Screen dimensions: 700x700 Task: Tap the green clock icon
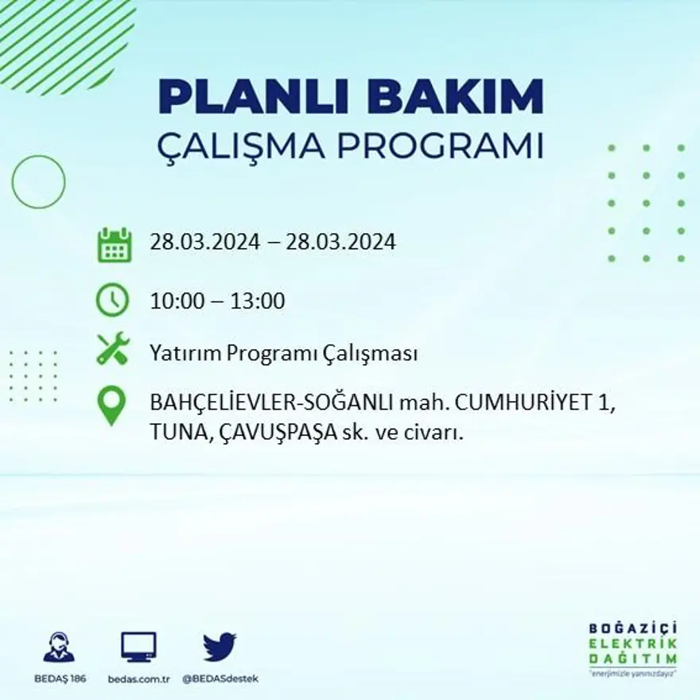pyautogui.click(x=112, y=301)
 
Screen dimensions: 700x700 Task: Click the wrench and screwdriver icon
pyautogui.click(x=112, y=348)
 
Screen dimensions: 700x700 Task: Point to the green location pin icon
pyautogui.click(x=111, y=404)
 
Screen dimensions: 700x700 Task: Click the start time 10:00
pyautogui.click(x=176, y=301)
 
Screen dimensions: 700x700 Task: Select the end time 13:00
pyautogui.click(x=258, y=301)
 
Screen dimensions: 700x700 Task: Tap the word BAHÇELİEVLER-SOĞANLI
pyautogui.click(x=270, y=403)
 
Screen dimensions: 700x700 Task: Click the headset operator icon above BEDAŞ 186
pyautogui.click(x=59, y=647)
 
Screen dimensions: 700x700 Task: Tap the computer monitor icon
pyautogui.click(x=138, y=647)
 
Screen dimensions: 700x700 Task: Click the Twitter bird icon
pyautogui.click(x=220, y=647)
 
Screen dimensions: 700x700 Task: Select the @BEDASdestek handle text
pyautogui.click(x=220, y=679)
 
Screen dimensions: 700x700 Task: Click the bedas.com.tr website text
pyautogui.click(x=138, y=679)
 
